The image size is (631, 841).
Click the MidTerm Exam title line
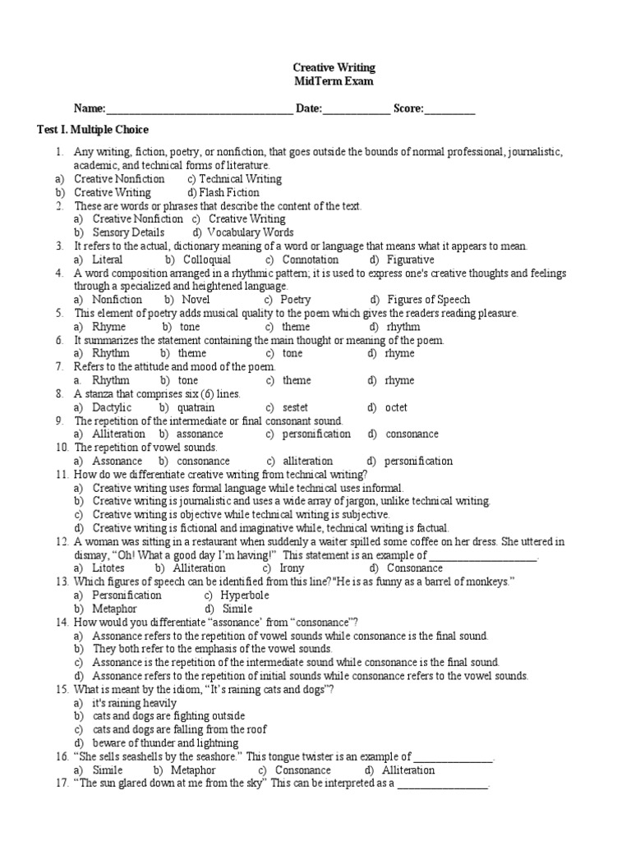(334, 81)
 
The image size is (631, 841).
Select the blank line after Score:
(449, 108)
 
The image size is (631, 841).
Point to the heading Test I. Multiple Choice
(94, 130)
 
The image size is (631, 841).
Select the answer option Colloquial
(207, 260)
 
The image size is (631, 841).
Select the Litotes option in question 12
(110, 568)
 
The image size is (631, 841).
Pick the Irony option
(292, 568)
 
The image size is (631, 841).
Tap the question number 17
(62, 784)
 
